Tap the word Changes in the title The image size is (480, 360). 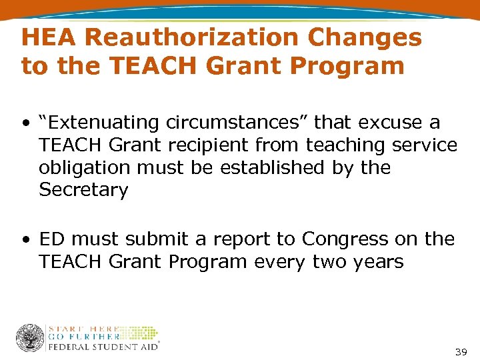click(x=364, y=38)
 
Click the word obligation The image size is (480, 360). click(x=83, y=167)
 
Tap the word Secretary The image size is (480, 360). click(x=83, y=190)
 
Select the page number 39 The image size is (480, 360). click(x=461, y=351)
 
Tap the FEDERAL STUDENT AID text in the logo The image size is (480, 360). click(x=103, y=346)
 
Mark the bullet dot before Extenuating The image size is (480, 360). click(x=25, y=123)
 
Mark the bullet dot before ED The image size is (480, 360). click(x=25, y=239)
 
